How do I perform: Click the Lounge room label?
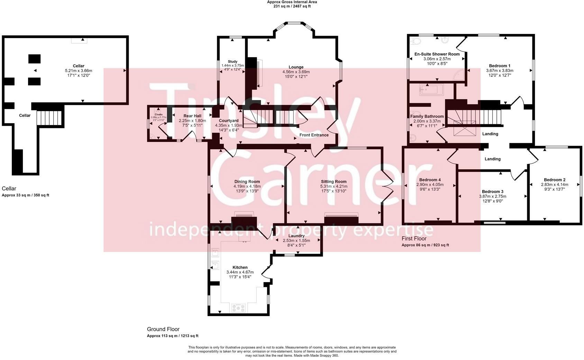tap(296, 67)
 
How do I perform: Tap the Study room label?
tap(232, 62)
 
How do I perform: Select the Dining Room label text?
tap(247, 181)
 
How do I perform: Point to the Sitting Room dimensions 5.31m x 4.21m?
tap(334, 186)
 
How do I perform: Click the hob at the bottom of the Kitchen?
tap(239, 307)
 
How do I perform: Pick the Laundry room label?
tap(296, 236)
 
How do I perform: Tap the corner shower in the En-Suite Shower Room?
tap(459, 74)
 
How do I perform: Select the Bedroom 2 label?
tap(554, 180)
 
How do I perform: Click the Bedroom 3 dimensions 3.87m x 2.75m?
tap(492, 196)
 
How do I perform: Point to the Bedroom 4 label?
tap(430, 180)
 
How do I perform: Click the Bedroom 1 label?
tap(500, 66)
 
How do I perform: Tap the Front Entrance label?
tap(314, 135)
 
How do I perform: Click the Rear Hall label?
tap(192, 116)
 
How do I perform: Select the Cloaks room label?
tap(158, 114)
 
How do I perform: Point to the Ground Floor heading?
tap(163, 329)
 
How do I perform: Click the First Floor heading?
tap(414, 238)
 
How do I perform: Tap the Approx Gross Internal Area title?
tap(292, 2)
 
